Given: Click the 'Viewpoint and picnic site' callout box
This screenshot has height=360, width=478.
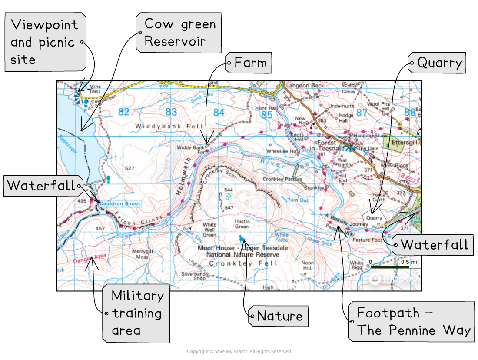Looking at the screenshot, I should [x=45, y=42].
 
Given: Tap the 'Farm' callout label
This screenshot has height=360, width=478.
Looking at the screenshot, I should [x=249, y=63].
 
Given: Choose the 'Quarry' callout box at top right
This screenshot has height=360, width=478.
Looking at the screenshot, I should [x=438, y=63].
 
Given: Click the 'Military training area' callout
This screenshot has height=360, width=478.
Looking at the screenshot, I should [x=136, y=313].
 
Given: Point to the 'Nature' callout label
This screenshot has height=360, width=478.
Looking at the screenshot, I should [x=279, y=316].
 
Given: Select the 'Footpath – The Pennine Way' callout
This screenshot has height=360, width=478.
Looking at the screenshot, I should [x=411, y=322].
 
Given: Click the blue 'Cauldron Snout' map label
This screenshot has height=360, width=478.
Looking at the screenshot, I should [x=119, y=203].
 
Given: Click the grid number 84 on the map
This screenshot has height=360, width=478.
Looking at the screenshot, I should [x=219, y=113].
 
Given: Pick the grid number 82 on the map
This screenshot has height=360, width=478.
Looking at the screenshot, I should [x=124, y=112].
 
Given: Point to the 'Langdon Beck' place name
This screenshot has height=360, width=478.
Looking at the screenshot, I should [x=305, y=85].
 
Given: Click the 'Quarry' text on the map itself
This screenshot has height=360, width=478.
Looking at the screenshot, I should [x=374, y=218].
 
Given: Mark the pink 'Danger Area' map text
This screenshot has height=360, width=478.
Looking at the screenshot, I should [x=90, y=259].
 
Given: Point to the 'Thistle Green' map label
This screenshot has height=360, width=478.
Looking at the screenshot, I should [x=242, y=224].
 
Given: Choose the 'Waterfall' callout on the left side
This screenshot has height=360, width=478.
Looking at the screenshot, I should [x=42, y=186].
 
